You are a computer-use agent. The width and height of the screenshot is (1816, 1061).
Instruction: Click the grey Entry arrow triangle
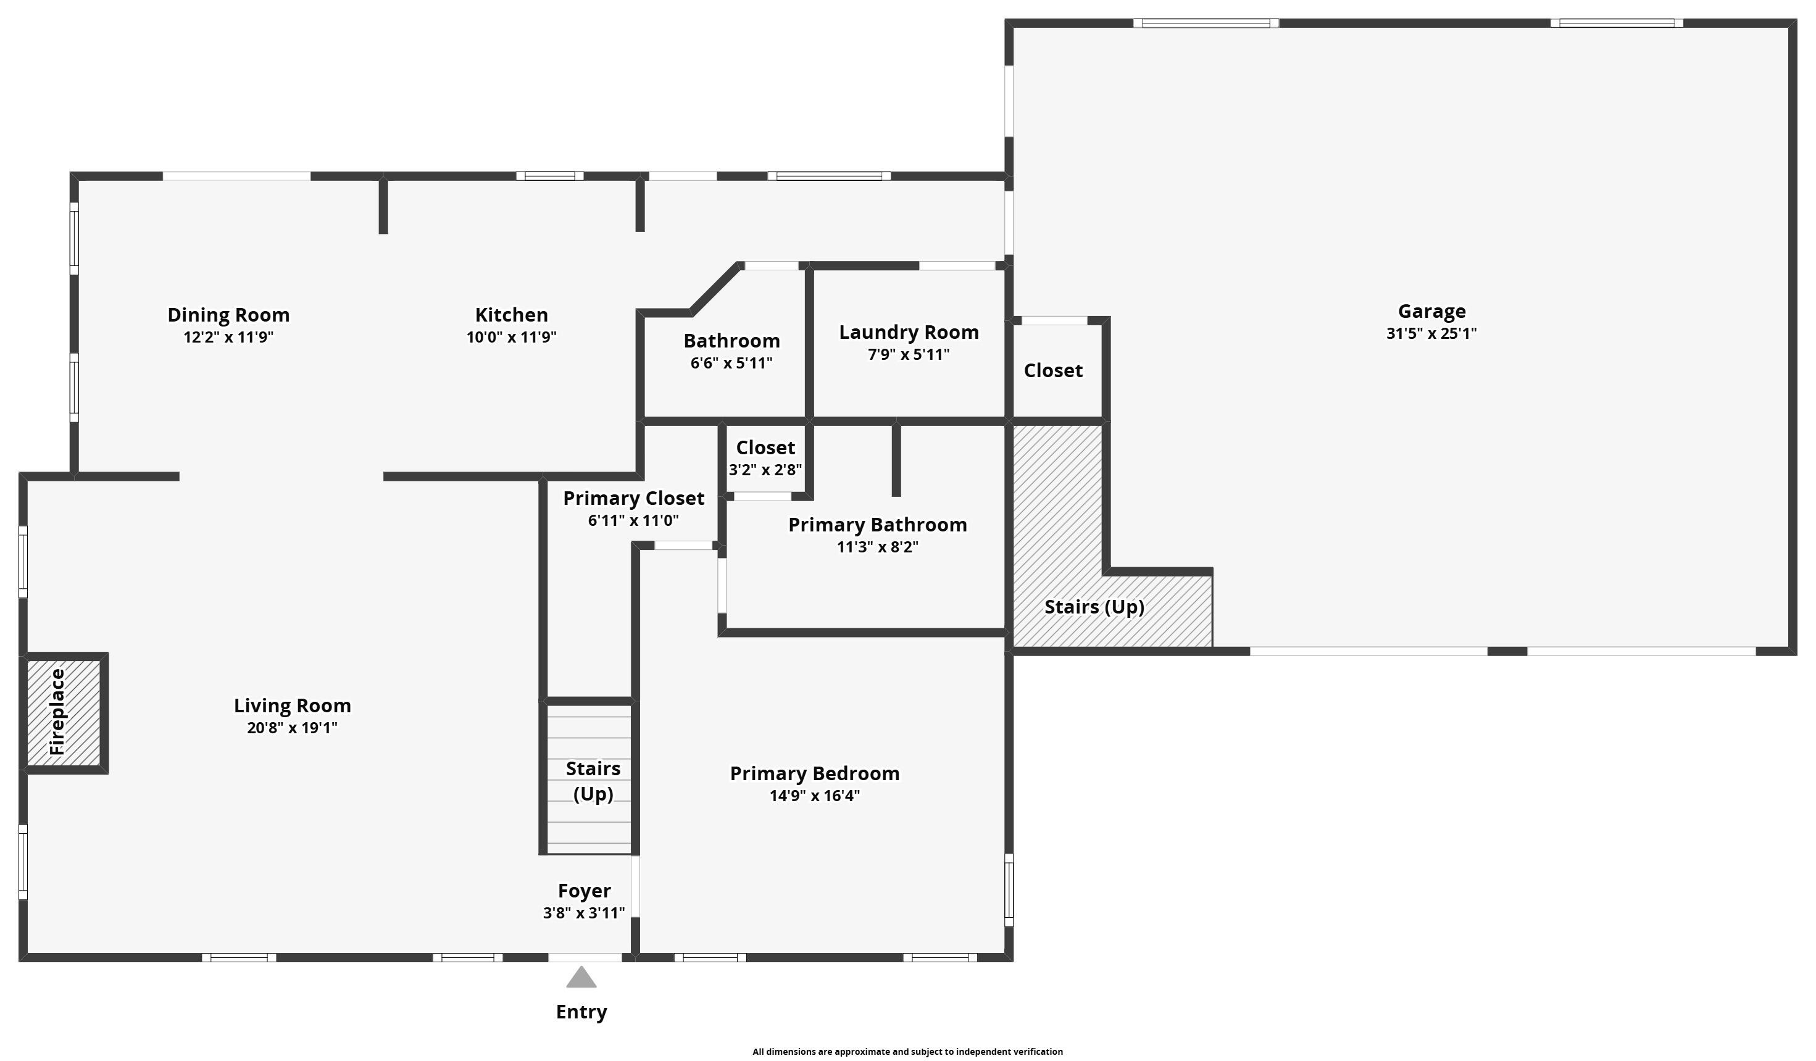point(581,978)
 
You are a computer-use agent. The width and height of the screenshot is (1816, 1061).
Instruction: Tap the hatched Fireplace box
point(64,712)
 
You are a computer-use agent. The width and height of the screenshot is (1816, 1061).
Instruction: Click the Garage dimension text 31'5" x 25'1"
point(1431,334)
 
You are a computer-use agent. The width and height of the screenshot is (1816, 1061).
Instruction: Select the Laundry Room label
point(908,332)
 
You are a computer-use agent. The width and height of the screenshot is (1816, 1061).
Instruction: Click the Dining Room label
point(228,315)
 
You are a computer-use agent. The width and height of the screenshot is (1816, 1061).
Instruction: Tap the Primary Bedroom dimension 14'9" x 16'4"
point(814,796)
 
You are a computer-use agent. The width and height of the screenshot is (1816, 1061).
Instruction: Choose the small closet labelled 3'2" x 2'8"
point(765,459)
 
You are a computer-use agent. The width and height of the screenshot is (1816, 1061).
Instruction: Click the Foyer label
point(584,891)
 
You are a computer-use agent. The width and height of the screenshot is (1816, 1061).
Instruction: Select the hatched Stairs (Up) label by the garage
point(1094,607)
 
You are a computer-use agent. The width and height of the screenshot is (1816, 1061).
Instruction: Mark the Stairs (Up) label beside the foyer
point(593,781)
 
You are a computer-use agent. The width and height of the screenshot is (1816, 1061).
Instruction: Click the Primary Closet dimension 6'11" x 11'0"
point(633,520)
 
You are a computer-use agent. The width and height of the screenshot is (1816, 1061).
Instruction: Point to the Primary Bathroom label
point(877,525)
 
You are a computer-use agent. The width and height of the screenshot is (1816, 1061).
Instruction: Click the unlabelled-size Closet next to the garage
point(1053,370)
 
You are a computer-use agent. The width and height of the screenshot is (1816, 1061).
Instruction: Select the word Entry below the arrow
point(581,1012)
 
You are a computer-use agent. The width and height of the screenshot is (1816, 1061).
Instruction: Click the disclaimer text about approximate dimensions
point(907,1052)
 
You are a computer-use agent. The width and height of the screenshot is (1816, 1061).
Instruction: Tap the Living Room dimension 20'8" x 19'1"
point(292,728)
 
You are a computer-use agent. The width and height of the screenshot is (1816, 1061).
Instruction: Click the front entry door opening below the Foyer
point(585,957)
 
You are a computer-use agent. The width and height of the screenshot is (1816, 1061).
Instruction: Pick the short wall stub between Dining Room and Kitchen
point(383,206)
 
